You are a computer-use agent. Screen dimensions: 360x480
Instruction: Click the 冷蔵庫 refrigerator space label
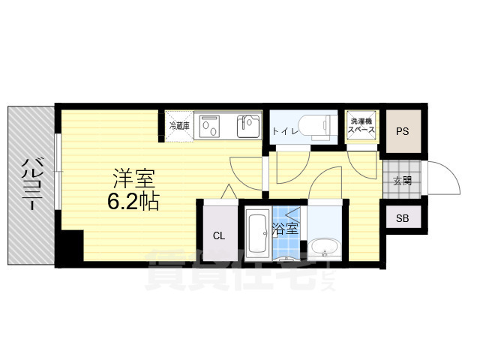coord(179,125)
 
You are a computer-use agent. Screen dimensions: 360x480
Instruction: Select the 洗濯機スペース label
coord(361,125)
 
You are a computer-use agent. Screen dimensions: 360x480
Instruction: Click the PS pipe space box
coord(403,132)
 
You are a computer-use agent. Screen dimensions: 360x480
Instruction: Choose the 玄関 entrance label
coord(402,181)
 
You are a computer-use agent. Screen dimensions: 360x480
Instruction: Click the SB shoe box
coord(403,219)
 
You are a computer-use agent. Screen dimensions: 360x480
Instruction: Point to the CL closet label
coord(218,235)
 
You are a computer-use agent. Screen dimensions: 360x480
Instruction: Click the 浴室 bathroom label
coord(285,228)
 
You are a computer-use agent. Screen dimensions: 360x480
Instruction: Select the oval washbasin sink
coord(324,247)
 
